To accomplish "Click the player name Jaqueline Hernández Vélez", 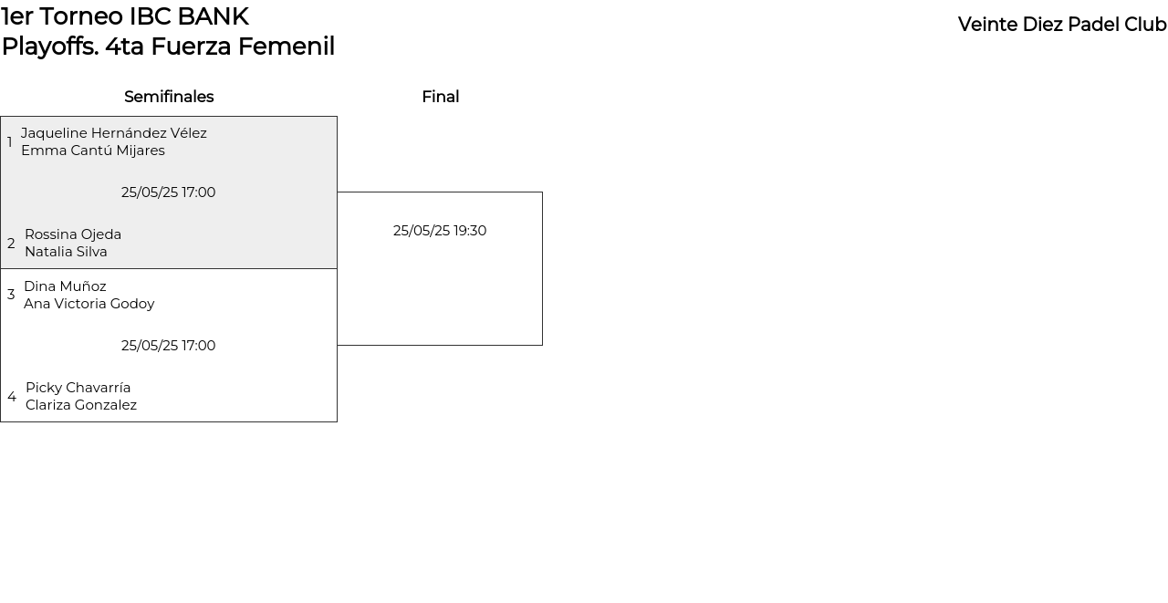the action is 114,133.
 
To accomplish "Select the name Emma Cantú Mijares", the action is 93,151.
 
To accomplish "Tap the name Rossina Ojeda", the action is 73,234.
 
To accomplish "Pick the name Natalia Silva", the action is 67,252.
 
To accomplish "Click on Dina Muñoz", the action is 65,286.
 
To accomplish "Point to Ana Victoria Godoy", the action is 89,304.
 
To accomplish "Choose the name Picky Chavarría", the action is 78,388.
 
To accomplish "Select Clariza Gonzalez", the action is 81,405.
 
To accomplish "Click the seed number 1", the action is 10,141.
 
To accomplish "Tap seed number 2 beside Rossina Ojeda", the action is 11,244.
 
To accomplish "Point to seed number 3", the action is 11,295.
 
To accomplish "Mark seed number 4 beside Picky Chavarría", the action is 12,397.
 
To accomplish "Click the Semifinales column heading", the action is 169,97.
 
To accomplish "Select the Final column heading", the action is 441,97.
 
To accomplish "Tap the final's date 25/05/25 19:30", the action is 440,231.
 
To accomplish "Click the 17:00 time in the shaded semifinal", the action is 198,192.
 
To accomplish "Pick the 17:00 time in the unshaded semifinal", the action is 198,346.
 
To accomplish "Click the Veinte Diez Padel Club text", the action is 1062,25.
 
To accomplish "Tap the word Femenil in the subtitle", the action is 287,47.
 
